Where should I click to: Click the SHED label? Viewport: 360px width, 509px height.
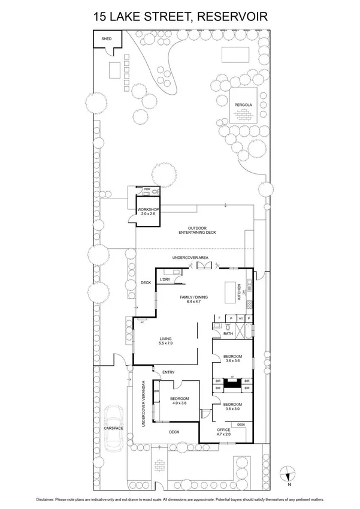point(107,38)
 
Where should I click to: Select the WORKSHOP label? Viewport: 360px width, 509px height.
point(148,209)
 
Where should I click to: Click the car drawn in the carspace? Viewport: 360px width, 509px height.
point(114,428)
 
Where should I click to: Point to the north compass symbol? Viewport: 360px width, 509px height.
point(289,472)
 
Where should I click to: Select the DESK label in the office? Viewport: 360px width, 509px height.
point(241,424)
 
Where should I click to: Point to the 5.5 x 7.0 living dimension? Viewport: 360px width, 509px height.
point(165,343)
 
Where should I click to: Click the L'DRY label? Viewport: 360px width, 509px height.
point(165,280)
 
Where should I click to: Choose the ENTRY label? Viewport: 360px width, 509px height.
point(168,372)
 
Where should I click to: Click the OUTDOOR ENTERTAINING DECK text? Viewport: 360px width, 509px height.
point(197,230)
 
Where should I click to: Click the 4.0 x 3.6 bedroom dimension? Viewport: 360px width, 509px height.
point(179,404)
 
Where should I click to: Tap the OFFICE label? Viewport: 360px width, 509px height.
point(223,430)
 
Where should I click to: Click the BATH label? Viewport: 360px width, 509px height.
point(228,333)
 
